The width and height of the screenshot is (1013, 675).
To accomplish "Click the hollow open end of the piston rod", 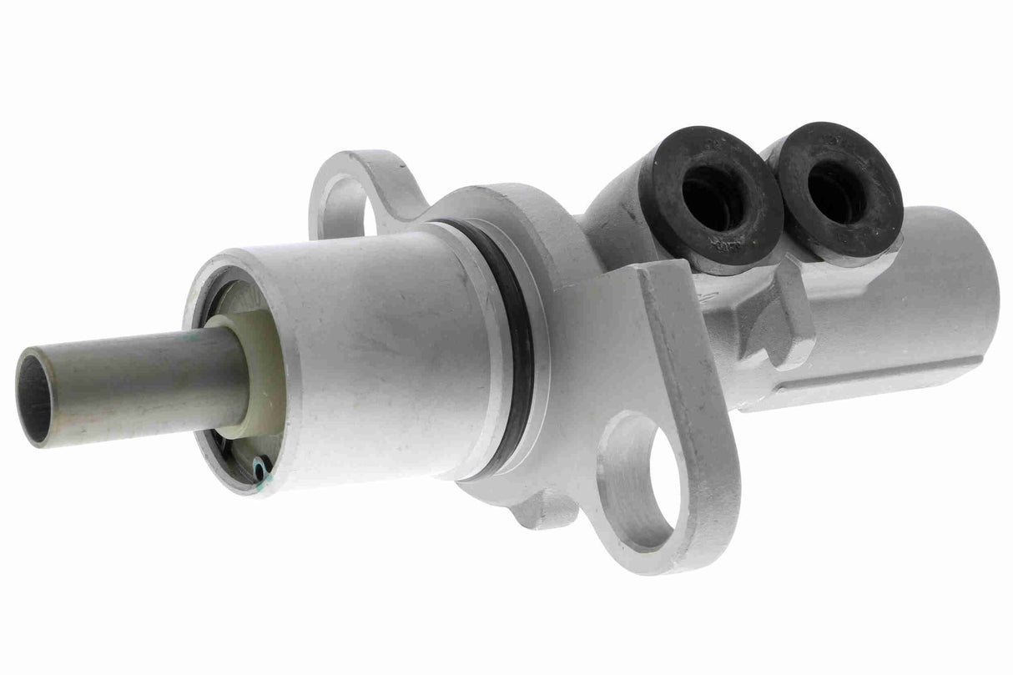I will pyautogui.click(x=35, y=397).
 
